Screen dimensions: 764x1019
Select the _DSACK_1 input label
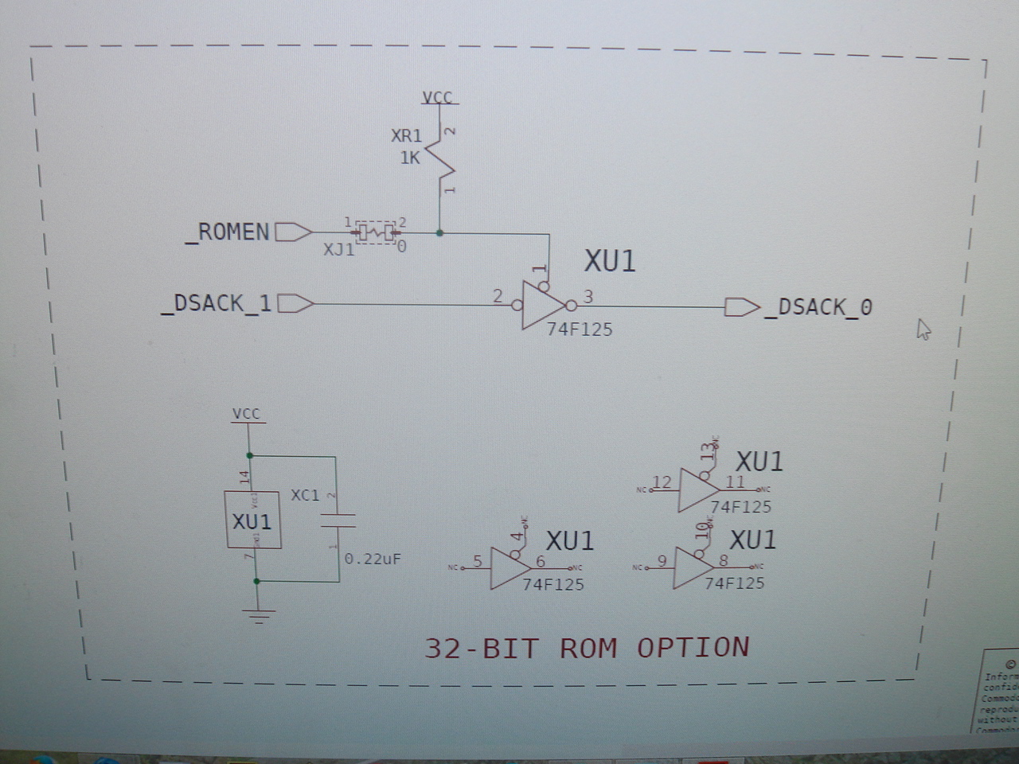217,303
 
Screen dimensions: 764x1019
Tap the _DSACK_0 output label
818,307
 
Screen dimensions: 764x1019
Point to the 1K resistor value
410,158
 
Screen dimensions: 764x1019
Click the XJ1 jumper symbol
374,232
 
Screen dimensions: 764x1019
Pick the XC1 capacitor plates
337,521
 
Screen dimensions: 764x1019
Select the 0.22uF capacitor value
373,559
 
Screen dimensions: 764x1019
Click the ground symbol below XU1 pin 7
257,614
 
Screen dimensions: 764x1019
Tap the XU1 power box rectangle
252,520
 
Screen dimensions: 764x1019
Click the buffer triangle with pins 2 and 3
544,305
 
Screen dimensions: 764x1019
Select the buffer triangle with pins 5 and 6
509,568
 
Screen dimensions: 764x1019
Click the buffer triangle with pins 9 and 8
693,567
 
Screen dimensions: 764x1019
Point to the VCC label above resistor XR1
437,97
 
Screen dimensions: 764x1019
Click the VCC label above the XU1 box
246,414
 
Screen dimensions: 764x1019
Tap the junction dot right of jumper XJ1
439,233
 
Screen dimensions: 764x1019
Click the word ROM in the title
588,648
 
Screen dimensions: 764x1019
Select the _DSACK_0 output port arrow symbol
741,307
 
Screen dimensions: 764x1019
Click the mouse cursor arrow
923,329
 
